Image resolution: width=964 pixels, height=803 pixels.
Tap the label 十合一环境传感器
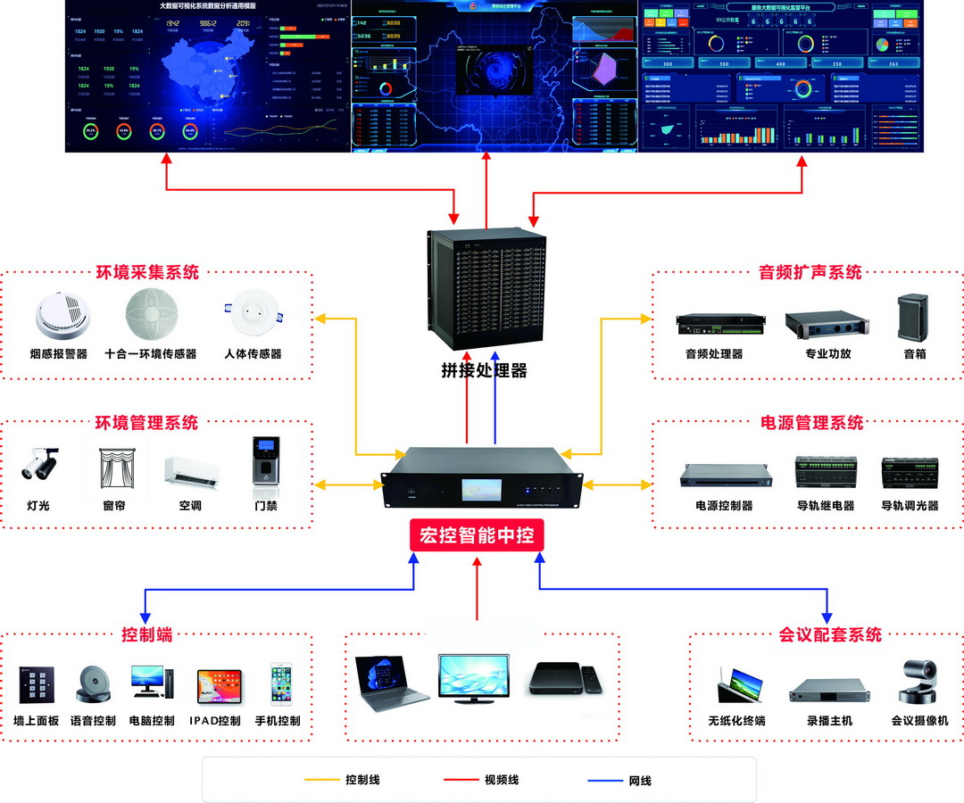150,353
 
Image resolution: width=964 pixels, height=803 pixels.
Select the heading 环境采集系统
147,272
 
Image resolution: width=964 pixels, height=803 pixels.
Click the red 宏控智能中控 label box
476,535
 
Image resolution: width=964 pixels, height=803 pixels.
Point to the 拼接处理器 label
484,369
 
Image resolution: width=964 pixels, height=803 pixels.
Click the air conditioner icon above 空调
191,470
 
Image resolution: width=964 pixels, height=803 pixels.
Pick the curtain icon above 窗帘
114,466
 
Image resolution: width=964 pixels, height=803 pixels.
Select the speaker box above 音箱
913,317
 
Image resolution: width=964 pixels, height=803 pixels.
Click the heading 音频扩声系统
810,272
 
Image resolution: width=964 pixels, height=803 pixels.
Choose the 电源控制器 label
724,505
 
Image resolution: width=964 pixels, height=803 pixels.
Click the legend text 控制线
362,780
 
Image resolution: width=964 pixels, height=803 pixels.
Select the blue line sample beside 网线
605,781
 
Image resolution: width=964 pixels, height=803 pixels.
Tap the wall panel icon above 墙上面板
37,685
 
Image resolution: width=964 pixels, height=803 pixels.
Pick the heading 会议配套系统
830,634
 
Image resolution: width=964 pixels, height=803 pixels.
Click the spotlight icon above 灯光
37,463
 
